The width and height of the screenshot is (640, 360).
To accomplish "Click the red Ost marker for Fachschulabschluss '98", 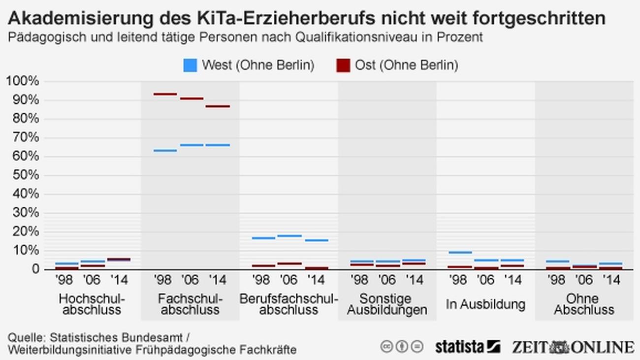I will (x=165, y=94).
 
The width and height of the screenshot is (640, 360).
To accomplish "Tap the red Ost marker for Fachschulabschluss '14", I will (x=218, y=106).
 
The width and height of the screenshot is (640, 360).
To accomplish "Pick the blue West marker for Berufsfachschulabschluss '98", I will (x=263, y=238).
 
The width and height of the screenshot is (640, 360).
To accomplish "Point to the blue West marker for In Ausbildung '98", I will (x=460, y=252).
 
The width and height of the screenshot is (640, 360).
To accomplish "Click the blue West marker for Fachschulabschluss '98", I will (x=165, y=150).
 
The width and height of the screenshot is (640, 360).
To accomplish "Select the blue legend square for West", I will (x=190, y=65).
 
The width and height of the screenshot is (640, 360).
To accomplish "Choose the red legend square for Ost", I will (x=343, y=65).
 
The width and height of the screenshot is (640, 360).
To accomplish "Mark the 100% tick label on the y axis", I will (x=22, y=81).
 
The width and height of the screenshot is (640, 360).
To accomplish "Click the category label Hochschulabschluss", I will (x=92, y=304).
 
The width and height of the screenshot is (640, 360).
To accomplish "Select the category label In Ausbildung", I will (x=485, y=304).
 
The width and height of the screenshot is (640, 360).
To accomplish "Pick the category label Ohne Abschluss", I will (x=584, y=304).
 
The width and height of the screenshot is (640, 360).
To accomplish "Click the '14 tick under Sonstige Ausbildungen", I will (x=415, y=280).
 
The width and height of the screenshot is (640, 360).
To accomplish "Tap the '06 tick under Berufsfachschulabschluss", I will (x=289, y=280).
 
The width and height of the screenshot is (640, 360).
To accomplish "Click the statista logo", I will (x=467, y=347).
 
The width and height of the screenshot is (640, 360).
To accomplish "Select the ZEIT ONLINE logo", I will (x=573, y=347).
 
